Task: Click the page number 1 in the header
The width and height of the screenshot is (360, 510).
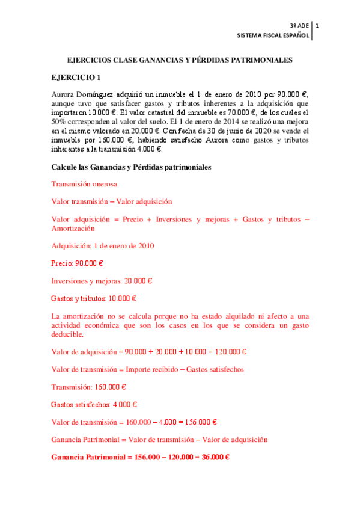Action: point(317,26)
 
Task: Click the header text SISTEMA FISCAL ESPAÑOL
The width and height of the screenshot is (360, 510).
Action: point(273,36)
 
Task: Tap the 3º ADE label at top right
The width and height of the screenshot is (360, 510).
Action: point(299,26)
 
